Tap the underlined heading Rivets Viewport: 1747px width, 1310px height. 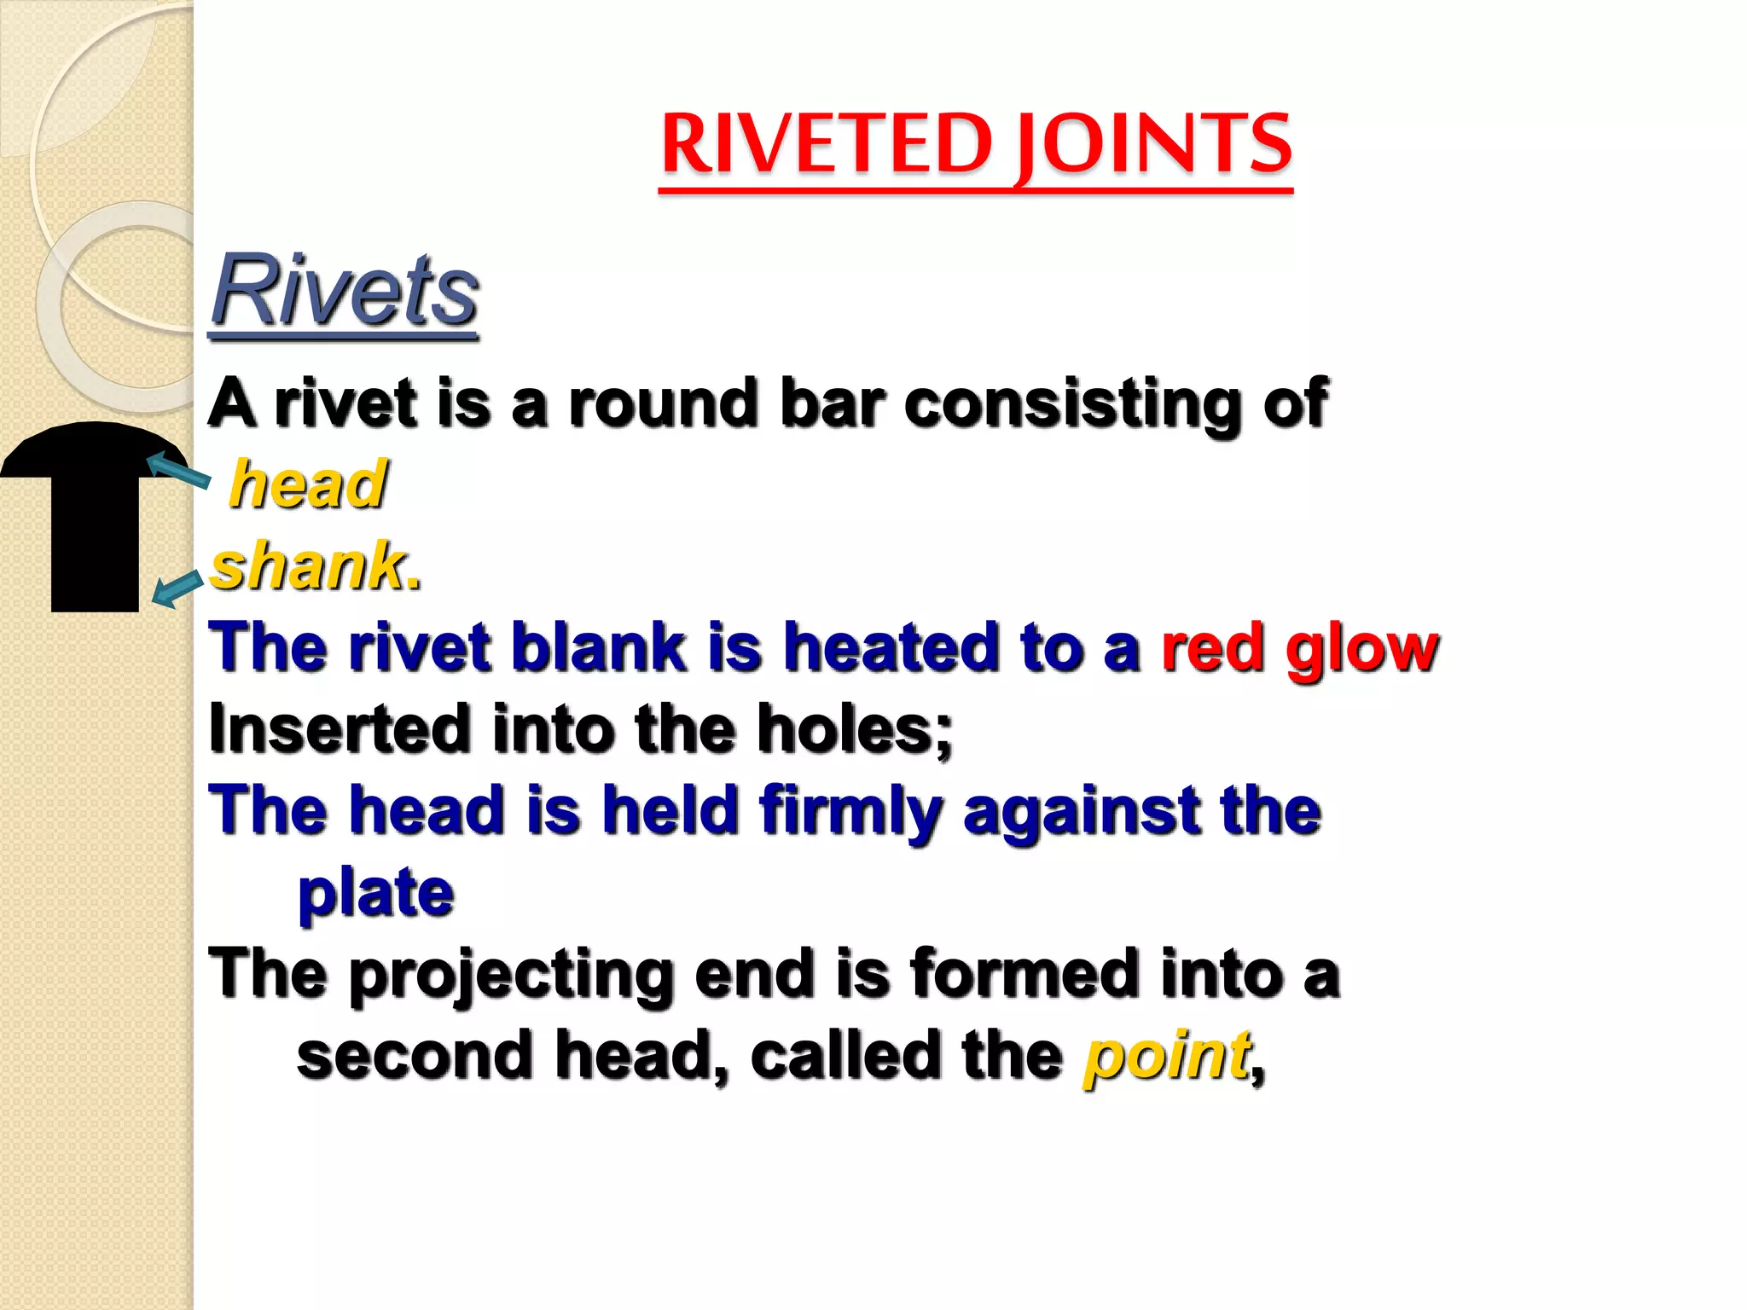click(x=345, y=292)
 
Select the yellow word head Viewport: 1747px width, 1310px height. click(x=309, y=484)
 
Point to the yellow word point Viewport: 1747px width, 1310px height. click(x=1166, y=1056)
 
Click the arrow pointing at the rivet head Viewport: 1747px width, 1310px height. click(x=178, y=471)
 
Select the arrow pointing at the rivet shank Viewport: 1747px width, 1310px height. click(x=177, y=588)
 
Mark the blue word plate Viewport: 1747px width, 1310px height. click(x=375, y=894)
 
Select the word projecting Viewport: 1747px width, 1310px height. click(x=510, y=976)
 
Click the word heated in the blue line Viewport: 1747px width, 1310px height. click(x=891, y=648)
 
